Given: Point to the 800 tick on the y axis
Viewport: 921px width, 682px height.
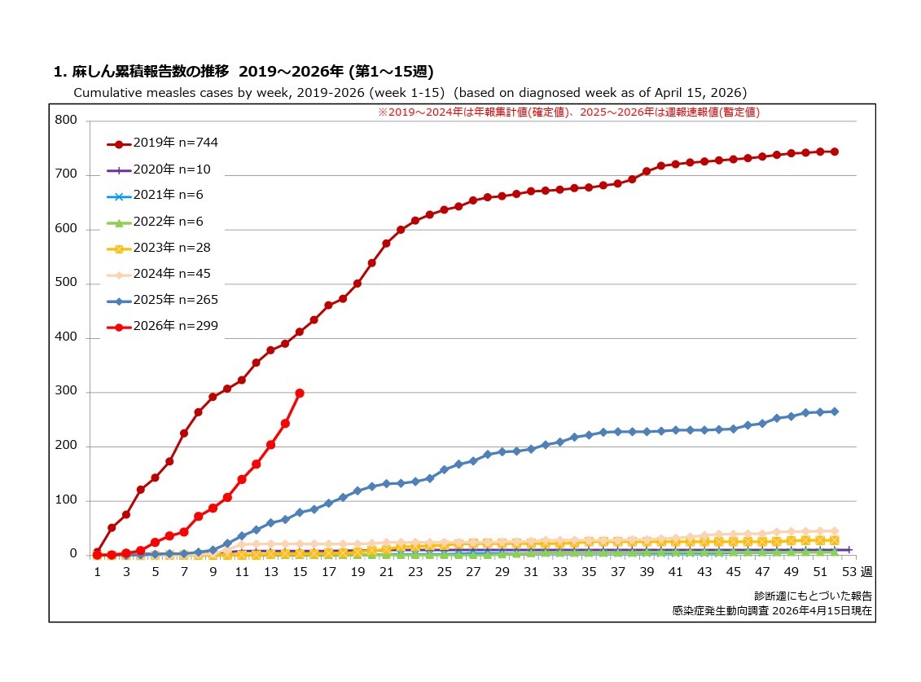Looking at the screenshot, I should (65, 121).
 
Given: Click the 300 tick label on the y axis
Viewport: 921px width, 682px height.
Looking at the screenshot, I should (65, 392).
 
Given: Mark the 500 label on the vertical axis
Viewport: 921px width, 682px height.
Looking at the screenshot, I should (65, 284).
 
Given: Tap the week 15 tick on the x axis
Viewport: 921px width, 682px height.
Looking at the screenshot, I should (300, 572).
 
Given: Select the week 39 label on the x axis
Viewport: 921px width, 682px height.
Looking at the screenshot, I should (647, 572).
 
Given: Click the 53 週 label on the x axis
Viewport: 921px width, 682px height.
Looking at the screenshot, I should (857, 572).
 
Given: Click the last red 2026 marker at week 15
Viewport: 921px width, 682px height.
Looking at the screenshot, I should (300, 393).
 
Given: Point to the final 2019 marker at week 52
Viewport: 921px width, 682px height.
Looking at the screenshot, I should (835, 152).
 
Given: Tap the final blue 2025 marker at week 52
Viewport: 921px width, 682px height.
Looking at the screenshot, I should (835, 411).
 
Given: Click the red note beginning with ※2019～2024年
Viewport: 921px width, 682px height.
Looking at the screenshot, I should (568, 112).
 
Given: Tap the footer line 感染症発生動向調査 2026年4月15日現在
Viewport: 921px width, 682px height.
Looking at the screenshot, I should (772, 609).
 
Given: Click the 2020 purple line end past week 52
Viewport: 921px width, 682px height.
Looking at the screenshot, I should (849, 550).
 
